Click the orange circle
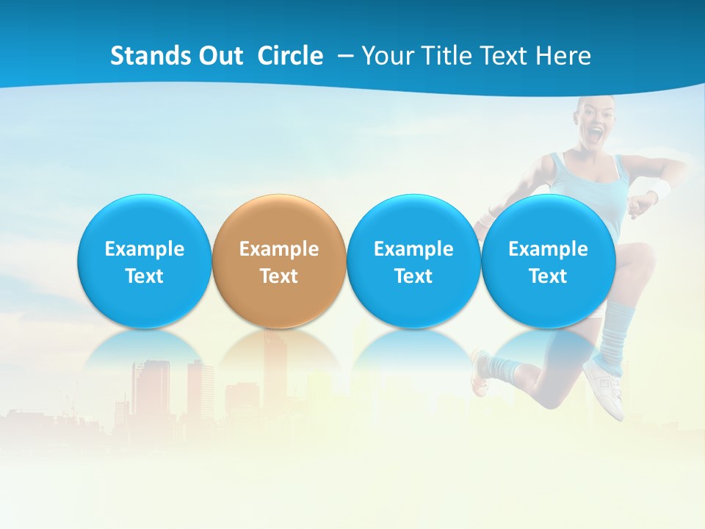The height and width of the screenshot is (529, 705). [x=279, y=220]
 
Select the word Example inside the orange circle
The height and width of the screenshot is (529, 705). [x=279, y=249]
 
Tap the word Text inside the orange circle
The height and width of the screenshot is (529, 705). [x=279, y=276]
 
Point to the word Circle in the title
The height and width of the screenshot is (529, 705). [x=290, y=56]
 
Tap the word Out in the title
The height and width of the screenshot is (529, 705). [x=219, y=56]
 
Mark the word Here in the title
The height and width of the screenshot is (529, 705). [x=564, y=56]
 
